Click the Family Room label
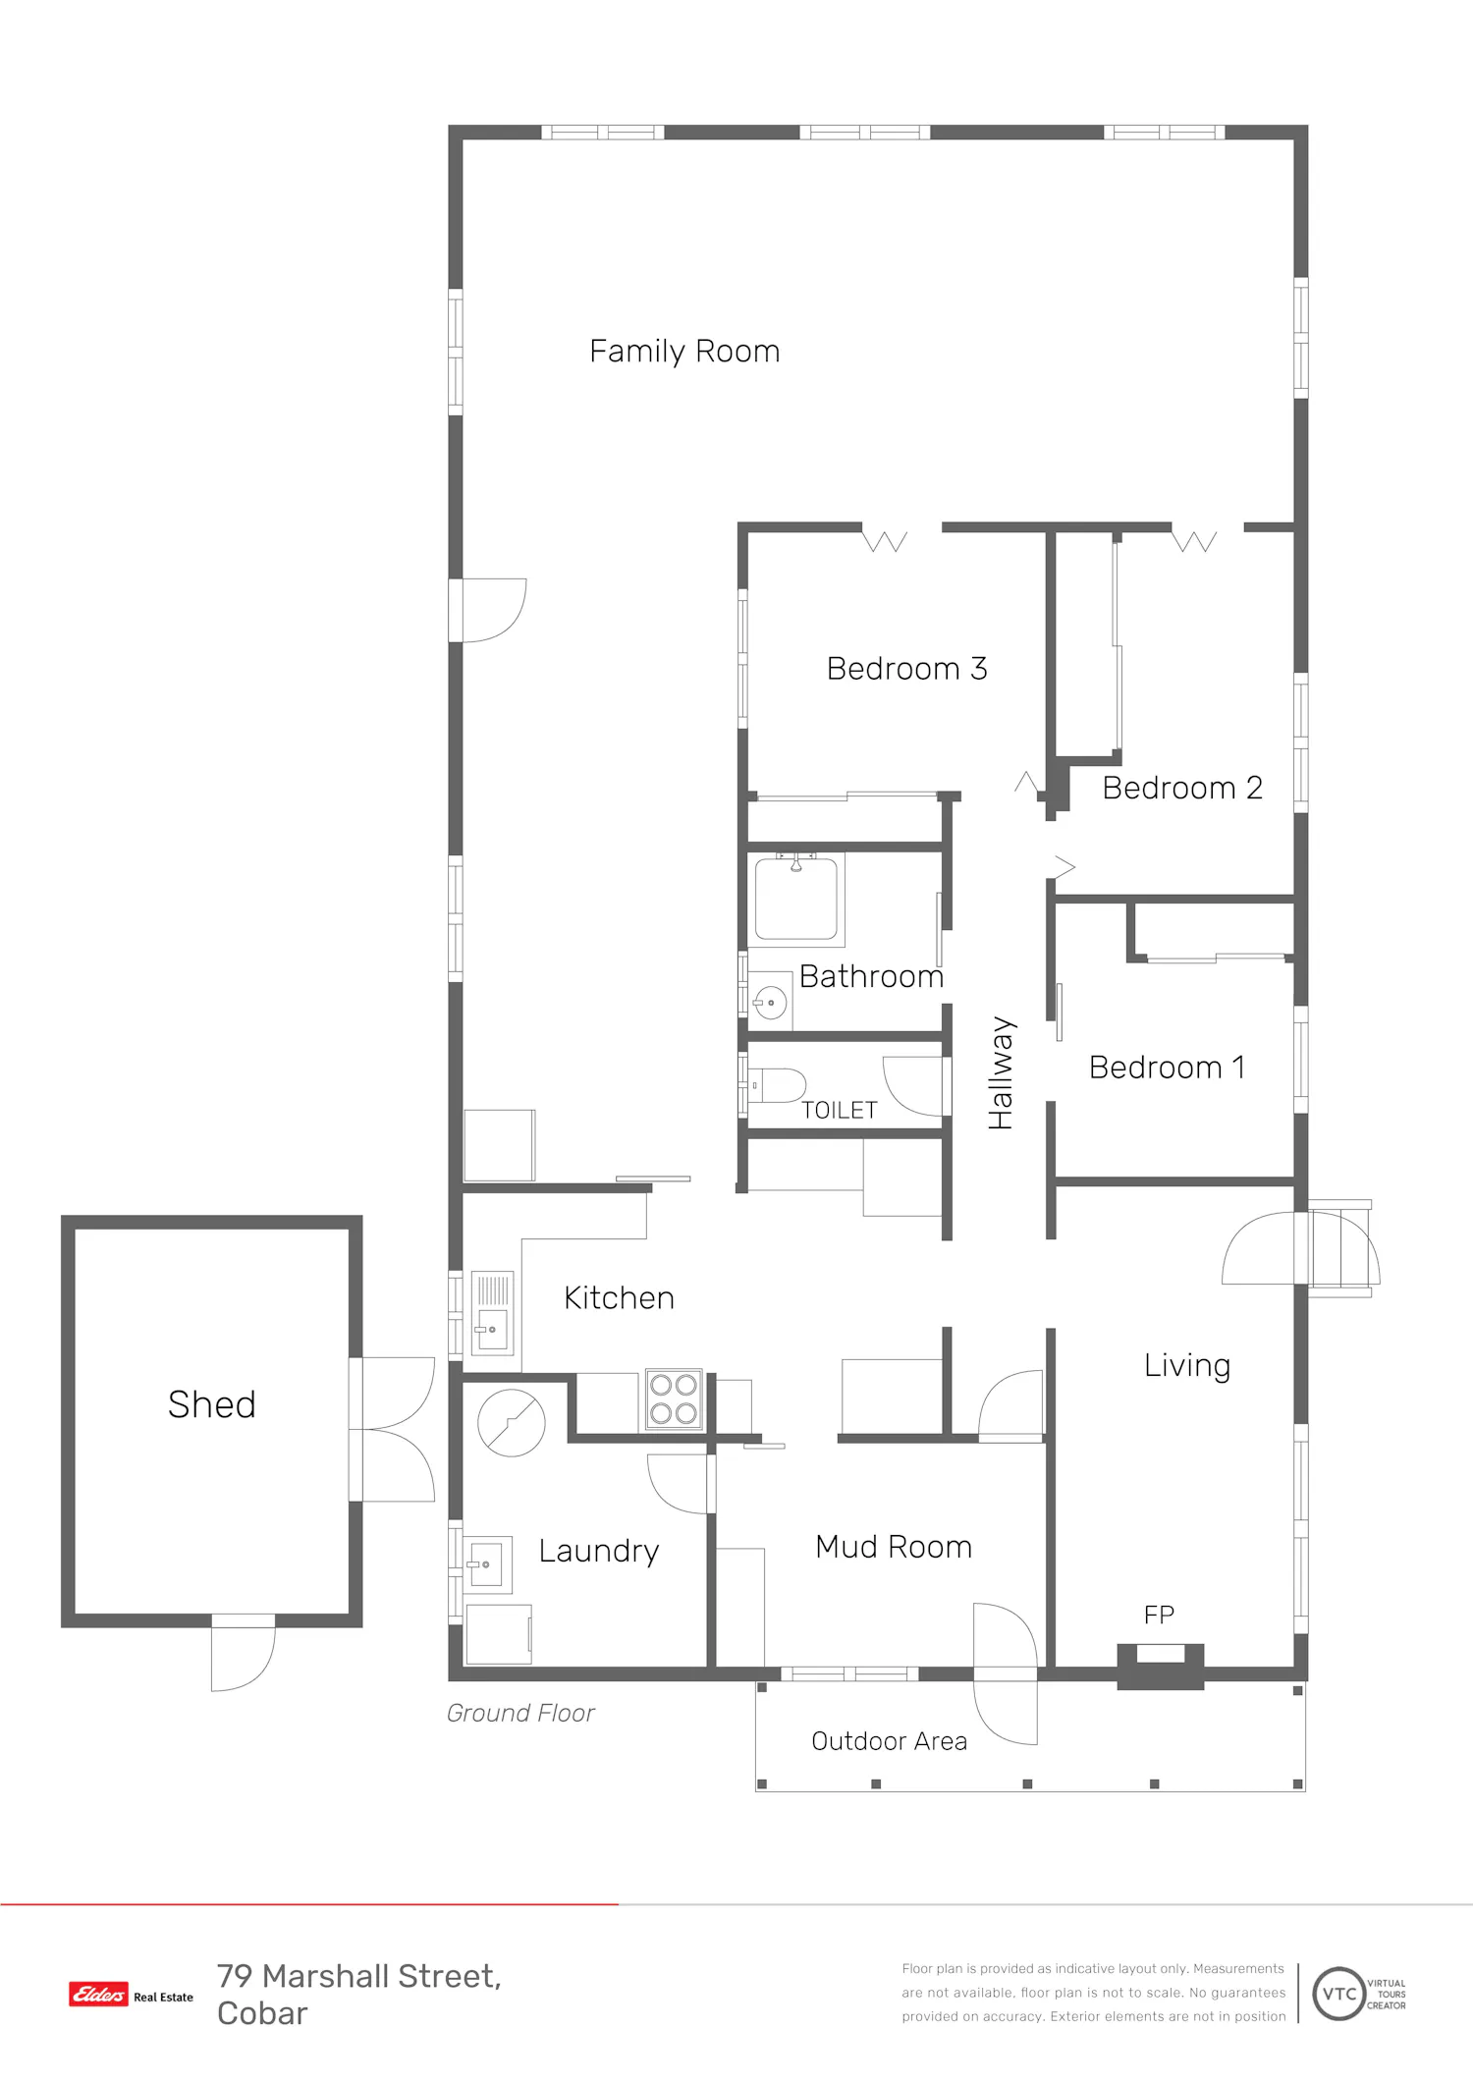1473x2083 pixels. point(684,352)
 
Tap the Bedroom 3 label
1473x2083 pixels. point(906,669)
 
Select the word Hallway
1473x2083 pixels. point(1001,1072)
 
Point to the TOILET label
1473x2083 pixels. point(839,1111)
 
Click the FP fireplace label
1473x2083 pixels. point(1159,1615)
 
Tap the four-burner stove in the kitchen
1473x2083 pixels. point(674,1399)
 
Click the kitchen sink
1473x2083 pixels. point(492,1313)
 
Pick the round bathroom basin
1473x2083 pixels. point(771,1002)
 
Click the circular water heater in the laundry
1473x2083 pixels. point(512,1422)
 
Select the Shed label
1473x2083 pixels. point(212,1404)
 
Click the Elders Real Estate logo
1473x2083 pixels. point(132,1995)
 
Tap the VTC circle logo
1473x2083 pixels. point(1339,1994)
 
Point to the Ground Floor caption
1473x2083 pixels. point(520,1714)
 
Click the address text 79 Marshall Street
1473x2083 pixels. point(359,1976)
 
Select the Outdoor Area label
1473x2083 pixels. point(890,1741)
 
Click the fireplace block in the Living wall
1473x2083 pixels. point(1161,1667)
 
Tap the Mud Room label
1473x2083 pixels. point(894,1547)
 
